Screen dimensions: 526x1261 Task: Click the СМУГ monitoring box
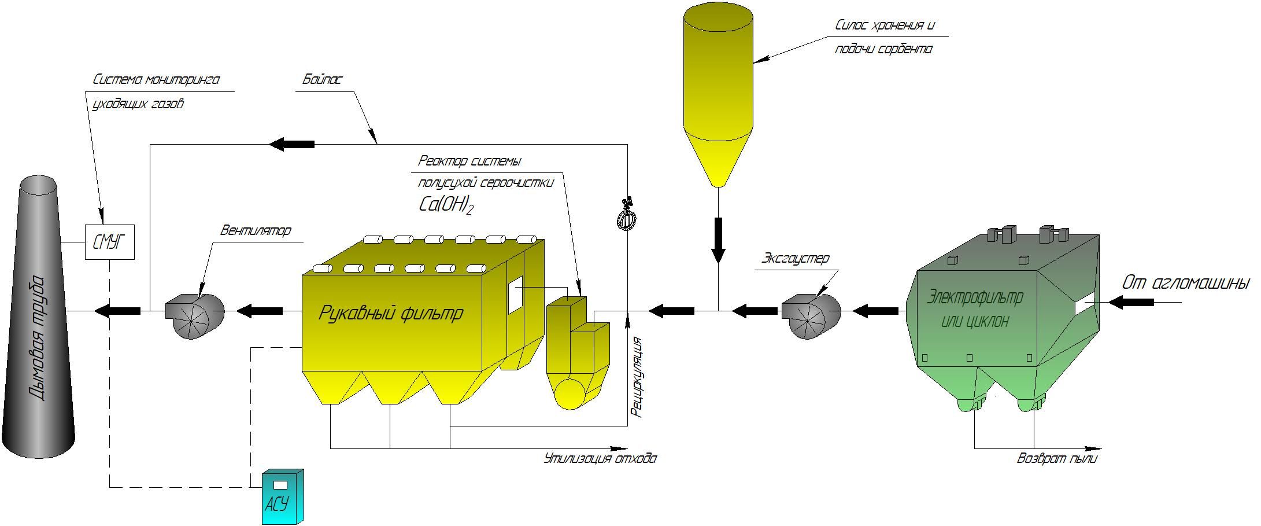[110, 242]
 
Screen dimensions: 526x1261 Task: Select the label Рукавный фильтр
[391, 313]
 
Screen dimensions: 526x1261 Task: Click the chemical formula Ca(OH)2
[445, 205]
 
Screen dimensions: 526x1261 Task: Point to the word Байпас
[322, 79]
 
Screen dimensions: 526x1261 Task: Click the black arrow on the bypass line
[292, 144]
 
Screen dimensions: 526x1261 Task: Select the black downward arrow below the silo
[718, 241]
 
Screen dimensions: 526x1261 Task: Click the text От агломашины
[1185, 283]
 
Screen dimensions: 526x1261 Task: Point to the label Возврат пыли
[1057, 459]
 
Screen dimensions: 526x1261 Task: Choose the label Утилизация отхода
[600, 459]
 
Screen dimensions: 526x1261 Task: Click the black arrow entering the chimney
[117, 311]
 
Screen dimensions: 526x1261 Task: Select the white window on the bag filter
[515, 295]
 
